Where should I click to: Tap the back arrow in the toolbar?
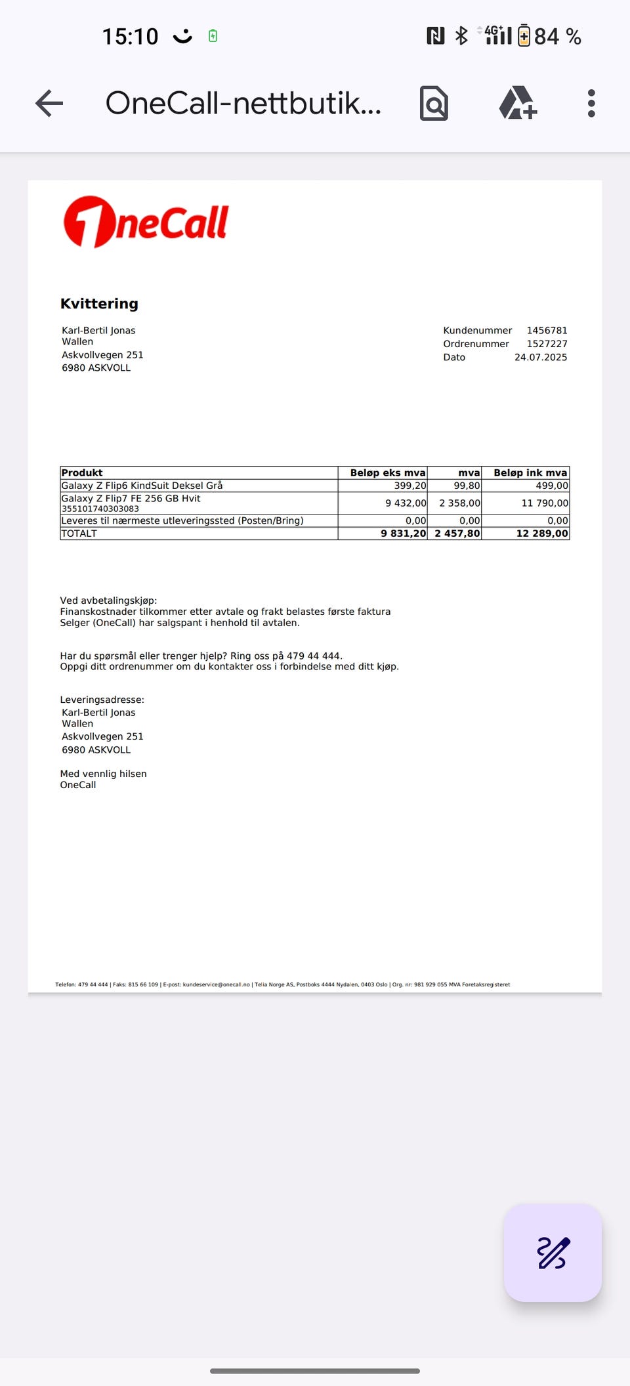click(49, 104)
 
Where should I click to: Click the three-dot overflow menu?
click(591, 104)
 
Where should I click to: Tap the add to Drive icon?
click(518, 104)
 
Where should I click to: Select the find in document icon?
click(434, 104)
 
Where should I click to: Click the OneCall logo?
click(146, 222)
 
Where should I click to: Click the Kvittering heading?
click(99, 304)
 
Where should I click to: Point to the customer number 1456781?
click(547, 331)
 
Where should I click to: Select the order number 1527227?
click(547, 344)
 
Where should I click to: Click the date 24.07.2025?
click(541, 358)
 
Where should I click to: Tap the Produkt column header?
click(82, 472)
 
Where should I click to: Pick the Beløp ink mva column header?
click(530, 472)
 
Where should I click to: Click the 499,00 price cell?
click(552, 486)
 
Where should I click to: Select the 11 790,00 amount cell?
click(545, 503)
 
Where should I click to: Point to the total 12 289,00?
click(542, 534)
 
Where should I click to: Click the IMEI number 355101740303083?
click(100, 509)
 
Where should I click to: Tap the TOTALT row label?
click(79, 534)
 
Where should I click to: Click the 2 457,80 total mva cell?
click(457, 534)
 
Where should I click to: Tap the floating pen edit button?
click(553, 1252)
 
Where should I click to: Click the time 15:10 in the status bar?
click(130, 37)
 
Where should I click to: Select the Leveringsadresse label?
click(102, 700)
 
